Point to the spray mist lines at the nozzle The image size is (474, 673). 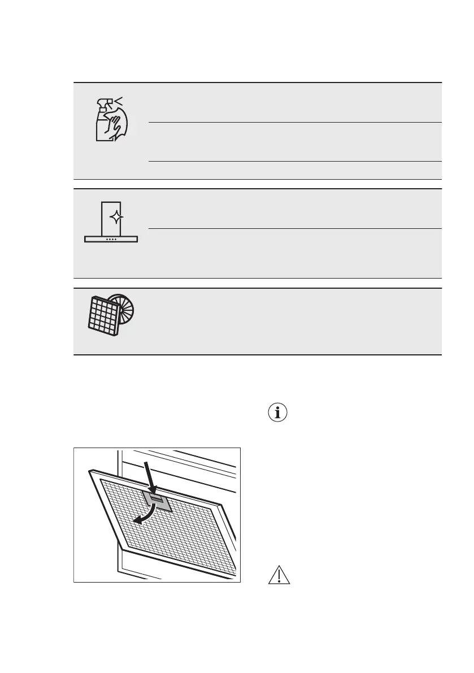point(118,101)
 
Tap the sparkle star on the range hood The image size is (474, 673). point(115,218)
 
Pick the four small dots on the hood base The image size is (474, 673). point(111,239)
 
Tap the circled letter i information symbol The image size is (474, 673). point(277,413)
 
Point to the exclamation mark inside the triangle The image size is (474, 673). point(279,577)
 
